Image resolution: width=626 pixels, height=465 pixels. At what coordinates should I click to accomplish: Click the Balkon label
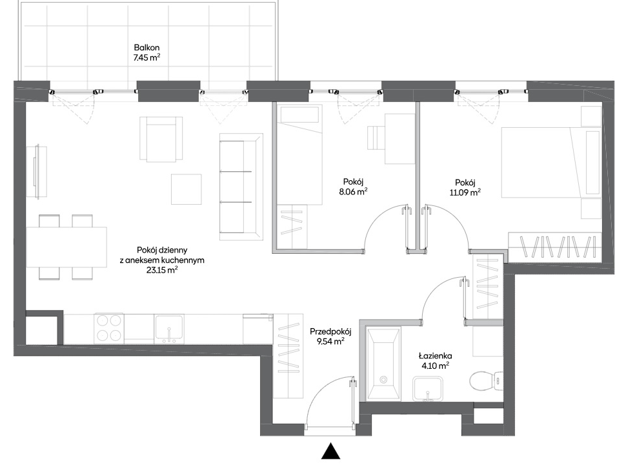coord(147,48)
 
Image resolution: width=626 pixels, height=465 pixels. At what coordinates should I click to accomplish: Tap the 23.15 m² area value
coord(162,270)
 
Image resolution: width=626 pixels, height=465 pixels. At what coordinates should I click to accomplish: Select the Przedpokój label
coord(330,331)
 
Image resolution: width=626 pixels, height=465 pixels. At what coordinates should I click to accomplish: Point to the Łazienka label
coord(435,356)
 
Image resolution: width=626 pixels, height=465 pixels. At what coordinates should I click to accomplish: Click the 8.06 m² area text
coord(353,192)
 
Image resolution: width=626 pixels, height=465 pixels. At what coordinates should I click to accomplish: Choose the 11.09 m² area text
coord(465,192)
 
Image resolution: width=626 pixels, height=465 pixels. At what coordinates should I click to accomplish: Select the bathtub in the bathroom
coord(383,364)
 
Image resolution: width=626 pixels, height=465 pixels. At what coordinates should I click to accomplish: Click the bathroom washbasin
coord(428,388)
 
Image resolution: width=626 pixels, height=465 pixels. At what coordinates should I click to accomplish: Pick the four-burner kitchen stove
coord(108,329)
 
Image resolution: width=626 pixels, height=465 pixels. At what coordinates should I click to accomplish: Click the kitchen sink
coord(169,329)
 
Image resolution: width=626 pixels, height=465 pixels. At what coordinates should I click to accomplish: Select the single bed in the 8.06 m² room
coord(299,155)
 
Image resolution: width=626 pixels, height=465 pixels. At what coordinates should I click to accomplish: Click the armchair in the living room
coord(161,139)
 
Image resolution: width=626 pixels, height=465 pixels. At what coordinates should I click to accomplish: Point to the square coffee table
coord(186,189)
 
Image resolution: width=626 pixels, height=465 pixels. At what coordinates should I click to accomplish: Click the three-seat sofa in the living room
coord(241,187)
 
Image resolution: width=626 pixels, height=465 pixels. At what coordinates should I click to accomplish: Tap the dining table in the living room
coord(66,247)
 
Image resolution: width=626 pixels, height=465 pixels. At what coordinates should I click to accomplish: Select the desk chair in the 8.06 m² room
coord(376,138)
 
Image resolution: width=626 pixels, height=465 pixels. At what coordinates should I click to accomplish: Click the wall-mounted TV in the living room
coord(37,172)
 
